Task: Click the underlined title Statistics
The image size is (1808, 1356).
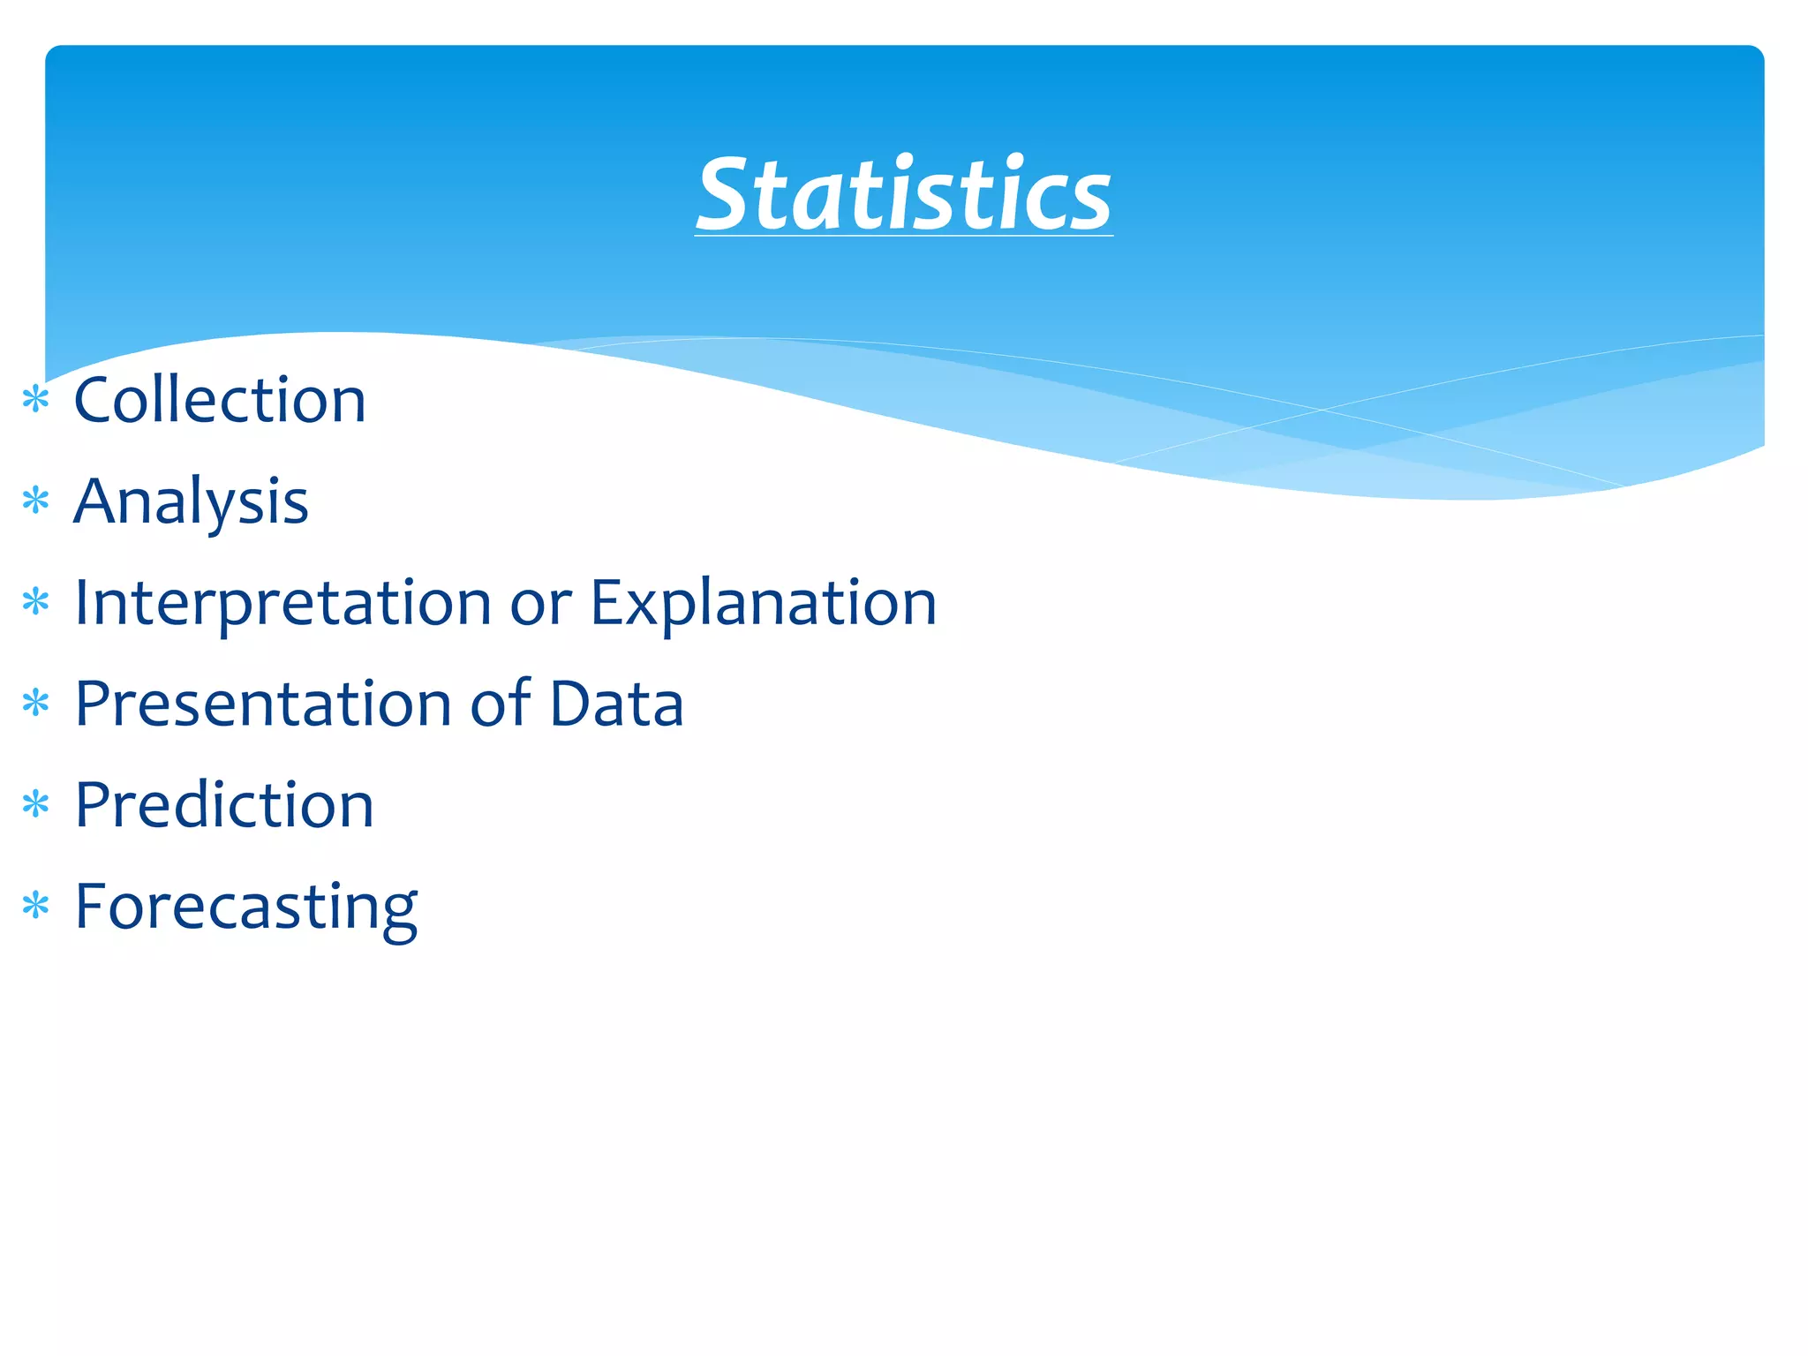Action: coord(904,194)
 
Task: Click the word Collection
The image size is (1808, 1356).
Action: coord(220,400)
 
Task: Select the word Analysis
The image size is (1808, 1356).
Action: coord(191,501)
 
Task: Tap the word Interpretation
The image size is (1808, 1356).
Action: coord(282,603)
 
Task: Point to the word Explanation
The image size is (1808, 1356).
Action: coord(763,605)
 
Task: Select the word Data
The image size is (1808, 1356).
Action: coord(616,704)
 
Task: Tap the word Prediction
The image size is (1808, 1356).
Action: coord(224,805)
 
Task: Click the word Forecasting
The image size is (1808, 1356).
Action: coord(245,908)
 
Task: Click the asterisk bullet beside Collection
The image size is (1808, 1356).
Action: coord(35,400)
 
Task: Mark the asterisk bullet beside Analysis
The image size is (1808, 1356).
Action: coord(35,501)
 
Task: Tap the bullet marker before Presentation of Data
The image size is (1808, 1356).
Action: coord(35,704)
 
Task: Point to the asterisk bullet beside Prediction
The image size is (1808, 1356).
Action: coord(35,805)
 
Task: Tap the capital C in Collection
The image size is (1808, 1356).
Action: coord(97,400)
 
